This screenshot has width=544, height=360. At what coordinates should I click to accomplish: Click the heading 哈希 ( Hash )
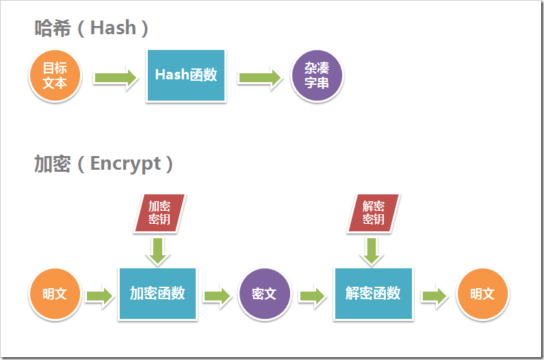(x=92, y=28)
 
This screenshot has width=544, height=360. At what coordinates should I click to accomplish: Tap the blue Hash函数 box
(x=185, y=75)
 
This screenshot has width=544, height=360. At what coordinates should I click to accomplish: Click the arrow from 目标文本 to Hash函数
(x=115, y=77)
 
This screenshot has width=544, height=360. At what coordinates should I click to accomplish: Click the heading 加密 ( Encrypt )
(x=103, y=164)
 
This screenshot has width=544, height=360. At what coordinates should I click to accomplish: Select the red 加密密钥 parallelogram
(x=159, y=213)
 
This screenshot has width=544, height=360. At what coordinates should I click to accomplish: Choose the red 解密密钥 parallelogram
(x=373, y=213)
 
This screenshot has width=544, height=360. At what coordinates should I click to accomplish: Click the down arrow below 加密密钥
(x=159, y=250)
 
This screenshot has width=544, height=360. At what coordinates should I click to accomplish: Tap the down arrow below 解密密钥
(x=373, y=250)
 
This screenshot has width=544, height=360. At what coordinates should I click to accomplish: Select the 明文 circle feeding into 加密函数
(x=55, y=294)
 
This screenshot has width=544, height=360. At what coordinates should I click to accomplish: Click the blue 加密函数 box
(x=157, y=294)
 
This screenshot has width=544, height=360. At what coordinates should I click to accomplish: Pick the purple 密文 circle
(x=264, y=294)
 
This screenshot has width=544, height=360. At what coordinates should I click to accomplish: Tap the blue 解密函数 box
(x=373, y=294)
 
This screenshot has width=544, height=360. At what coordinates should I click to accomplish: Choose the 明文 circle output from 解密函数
(x=482, y=294)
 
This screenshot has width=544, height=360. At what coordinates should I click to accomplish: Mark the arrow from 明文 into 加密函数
(x=99, y=296)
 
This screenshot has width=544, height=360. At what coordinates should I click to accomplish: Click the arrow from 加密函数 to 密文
(x=217, y=296)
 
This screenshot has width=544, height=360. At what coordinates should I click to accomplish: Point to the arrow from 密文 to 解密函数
(x=312, y=296)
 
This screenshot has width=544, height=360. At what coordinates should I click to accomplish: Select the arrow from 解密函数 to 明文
(x=434, y=296)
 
